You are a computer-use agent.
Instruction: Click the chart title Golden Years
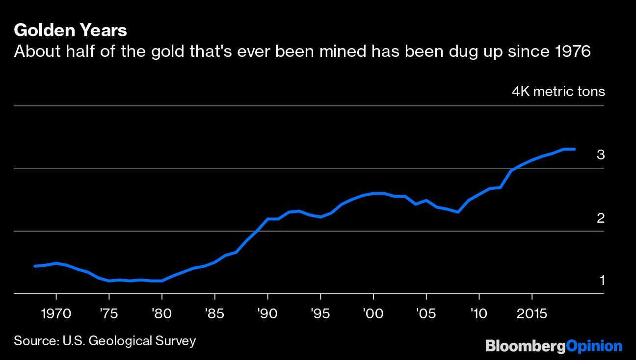pos(71,30)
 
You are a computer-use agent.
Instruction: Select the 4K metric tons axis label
pos(558,92)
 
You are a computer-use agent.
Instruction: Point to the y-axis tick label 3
pos(601,155)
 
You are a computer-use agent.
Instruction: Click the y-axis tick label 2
pos(601,218)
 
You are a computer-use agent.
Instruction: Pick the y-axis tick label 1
pos(602,281)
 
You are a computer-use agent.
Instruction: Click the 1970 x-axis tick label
pos(56,312)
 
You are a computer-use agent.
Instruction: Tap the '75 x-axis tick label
pos(108,312)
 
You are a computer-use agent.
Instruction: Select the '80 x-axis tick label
pos(161,312)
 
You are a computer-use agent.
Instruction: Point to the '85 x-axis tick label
pos(214,312)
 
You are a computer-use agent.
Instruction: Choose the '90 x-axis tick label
pos(267,312)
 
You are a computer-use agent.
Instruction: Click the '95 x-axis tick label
pos(320,312)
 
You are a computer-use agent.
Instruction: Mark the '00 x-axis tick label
pos(373,312)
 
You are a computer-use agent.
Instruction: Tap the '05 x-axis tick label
pos(425,312)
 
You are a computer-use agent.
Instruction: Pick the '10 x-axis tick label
pos(478,312)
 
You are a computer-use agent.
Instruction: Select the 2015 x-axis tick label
pos(531,312)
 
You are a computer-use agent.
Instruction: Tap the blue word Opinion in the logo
pos(594,346)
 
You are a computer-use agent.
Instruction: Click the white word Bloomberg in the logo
pos(525,346)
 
